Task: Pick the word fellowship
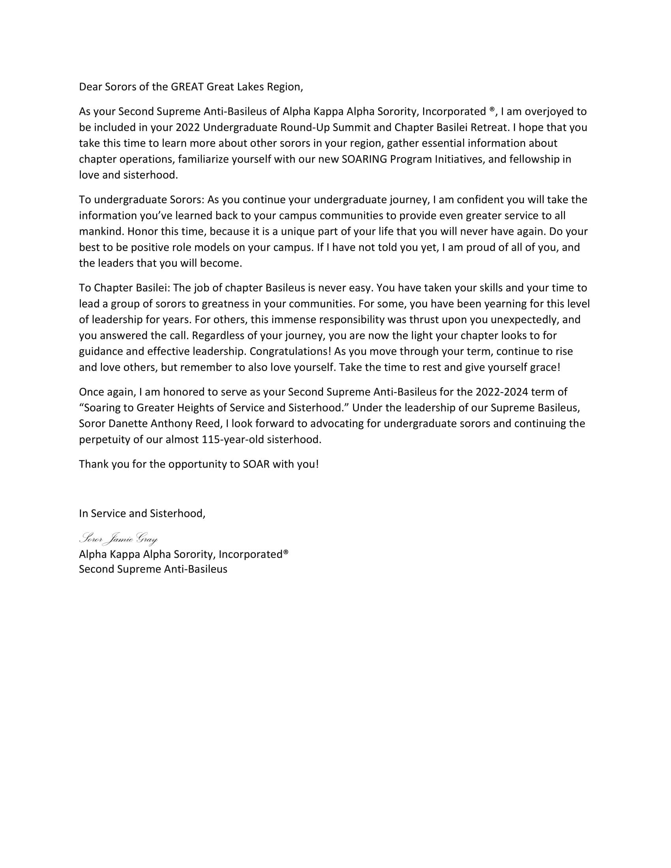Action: click(530, 159)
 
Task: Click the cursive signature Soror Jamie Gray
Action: click(118, 539)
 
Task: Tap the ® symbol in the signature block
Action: click(285, 553)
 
